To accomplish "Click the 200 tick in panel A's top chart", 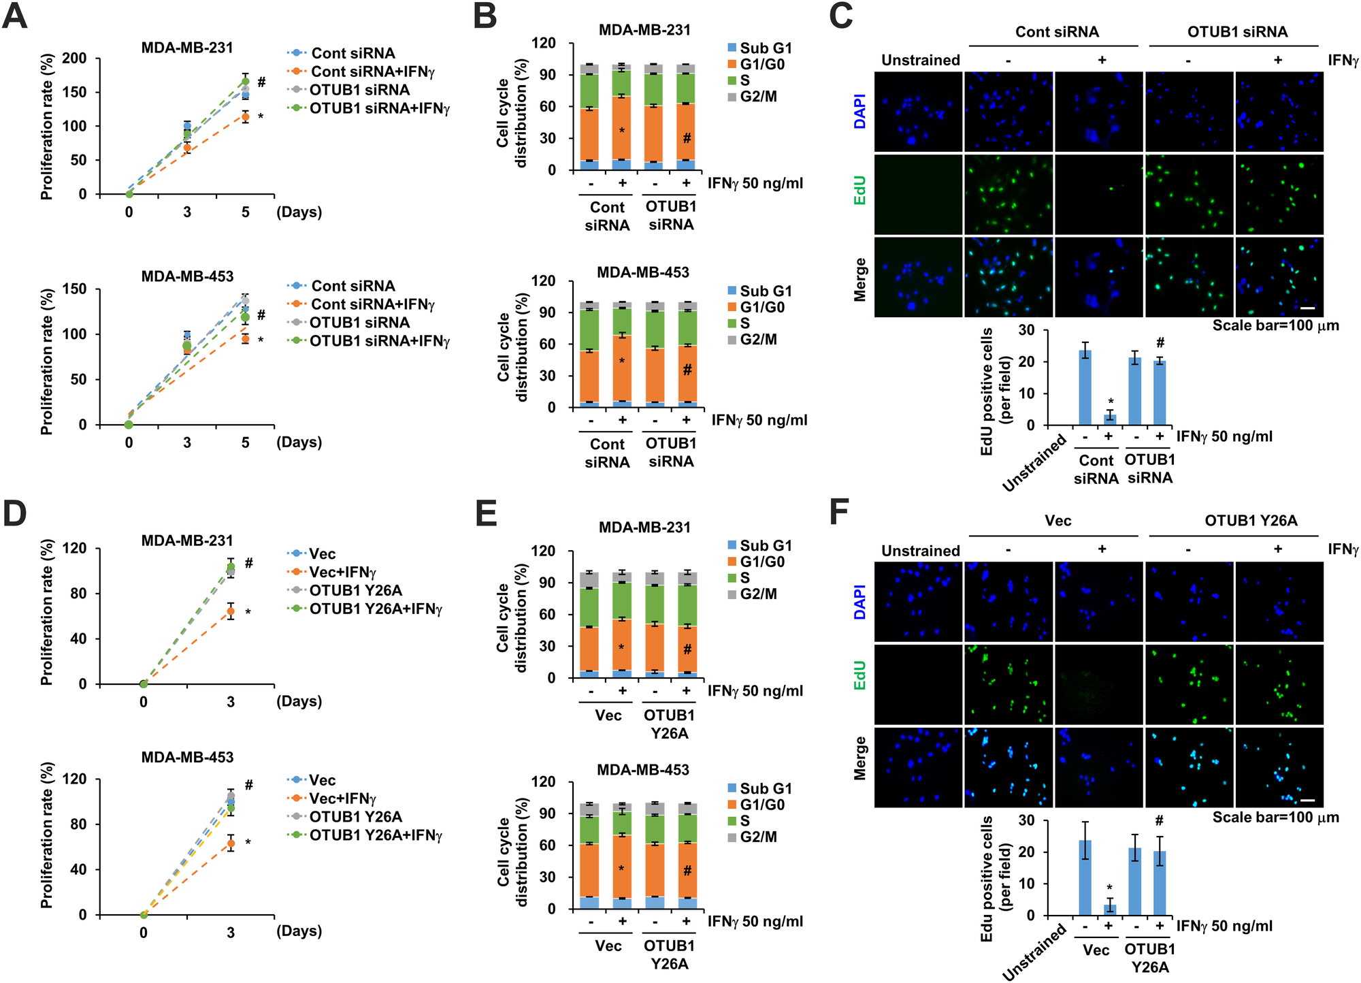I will pyautogui.click(x=75, y=59).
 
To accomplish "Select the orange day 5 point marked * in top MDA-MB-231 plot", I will pyautogui.click(x=246, y=117).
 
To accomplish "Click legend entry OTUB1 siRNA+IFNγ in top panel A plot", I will pyautogui.click(x=380, y=108).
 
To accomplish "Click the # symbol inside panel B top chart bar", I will pyautogui.click(x=687, y=138).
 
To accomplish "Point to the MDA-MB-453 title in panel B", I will pyautogui.click(x=643, y=272).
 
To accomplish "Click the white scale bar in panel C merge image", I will pyautogui.click(x=1307, y=308).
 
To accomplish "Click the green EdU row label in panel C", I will pyautogui.click(x=860, y=191).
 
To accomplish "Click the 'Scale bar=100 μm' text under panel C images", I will pyautogui.click(x=1275, y=325).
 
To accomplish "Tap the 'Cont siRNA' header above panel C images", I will pyautogui.click(x=1057, y=32).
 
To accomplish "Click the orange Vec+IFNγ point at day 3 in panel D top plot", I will pyautogui.click(x=231, y=611).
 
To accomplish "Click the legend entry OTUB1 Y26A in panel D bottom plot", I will pyautogui.click(x=355, y=817).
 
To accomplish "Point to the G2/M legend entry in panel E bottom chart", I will pyautogui.click(x=758, y=837).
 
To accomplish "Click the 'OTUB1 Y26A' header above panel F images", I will pyautogui.click(x=1251, y=521).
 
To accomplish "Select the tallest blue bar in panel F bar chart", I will pyautogui.click(x=1085, y=877).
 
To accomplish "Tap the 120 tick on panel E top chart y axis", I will pyautogui.click(x=542, y=551).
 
